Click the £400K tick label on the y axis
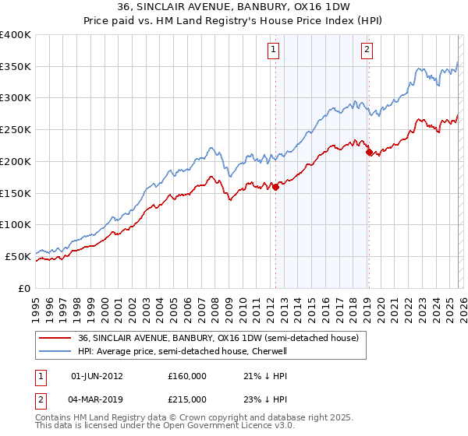(x=16, y=35)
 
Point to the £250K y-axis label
(x=16, y=130)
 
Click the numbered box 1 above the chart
(x=275, y=51)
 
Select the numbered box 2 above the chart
(x=367, y=51)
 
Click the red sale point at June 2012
(x=275, y=187)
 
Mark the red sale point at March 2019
(x=368, y=152)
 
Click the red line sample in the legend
(x=55, y=339)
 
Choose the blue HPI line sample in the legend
(x=55, y=351)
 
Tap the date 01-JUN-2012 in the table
(x=97, y=376)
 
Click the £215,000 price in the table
(x=187, y=399)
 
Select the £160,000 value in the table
(x=187, y=376)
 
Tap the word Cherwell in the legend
(x=270, y=351)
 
